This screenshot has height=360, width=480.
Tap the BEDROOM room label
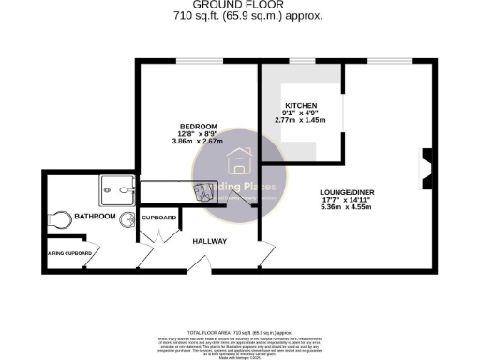[199, 127]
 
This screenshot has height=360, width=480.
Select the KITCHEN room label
[301, 105]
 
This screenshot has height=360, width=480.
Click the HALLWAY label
[209, 242]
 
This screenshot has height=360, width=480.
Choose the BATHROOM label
[95, 217]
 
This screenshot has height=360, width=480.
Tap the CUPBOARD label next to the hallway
[158, 217]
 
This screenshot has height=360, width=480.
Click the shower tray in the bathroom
[114, 191]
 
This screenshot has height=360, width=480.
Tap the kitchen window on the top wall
[302, 63]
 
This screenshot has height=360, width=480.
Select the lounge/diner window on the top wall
[382, 63]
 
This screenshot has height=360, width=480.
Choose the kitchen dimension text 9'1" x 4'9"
[301, 114]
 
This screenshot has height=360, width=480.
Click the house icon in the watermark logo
[239, 161]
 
